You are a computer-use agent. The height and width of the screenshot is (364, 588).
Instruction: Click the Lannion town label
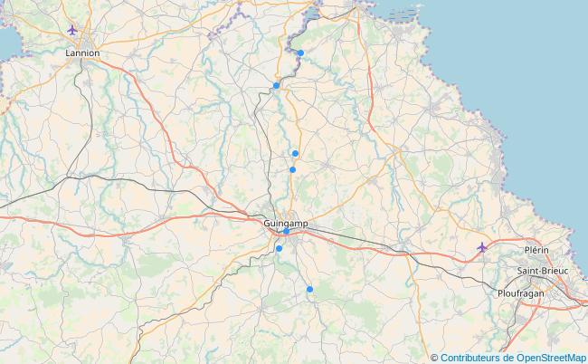click(82, 53)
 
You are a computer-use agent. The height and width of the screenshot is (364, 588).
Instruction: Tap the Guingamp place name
click(285, 223)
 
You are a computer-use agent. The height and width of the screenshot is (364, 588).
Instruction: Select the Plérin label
click(536, 249)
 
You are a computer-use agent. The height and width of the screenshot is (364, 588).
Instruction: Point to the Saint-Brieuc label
click(543, 271)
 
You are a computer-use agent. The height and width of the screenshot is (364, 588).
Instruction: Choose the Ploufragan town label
click(522, 293)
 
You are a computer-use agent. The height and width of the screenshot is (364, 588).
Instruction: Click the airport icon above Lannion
click(72, 30)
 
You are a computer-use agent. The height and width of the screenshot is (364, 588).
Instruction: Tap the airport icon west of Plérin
click(482, 247)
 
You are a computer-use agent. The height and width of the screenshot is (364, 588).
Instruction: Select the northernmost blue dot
click(300, 53)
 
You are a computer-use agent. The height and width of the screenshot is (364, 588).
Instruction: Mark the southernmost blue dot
click(309, 289)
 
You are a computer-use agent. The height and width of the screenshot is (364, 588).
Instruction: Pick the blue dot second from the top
click(276, 86)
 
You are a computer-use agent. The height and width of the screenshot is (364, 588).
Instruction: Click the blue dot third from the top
click(295, 154)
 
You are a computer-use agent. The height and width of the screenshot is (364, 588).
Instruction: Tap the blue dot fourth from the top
click(292, 169)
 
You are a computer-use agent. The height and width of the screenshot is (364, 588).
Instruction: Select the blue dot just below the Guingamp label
click(287, 232)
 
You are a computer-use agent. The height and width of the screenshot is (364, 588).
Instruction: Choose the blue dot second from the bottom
click(279, 248)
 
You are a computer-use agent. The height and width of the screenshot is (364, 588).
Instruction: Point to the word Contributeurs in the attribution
click(474, 358)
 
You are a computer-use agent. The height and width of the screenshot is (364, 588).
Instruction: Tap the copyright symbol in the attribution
click(434, 358)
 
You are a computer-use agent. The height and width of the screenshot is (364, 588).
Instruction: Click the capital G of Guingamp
click(267, 223)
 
